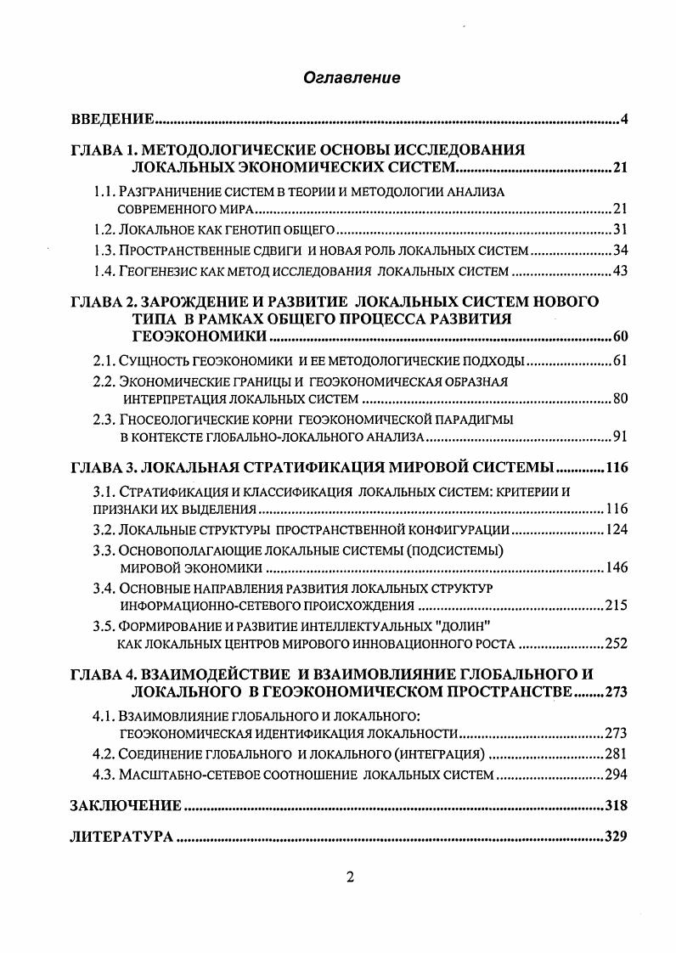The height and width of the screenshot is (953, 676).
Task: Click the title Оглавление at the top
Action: [351, 77]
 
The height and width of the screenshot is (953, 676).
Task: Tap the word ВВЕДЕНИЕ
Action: [110, 118]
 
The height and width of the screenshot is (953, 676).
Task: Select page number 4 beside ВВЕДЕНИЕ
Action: [623, 118]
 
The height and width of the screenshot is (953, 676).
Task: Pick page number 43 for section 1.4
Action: [619, 271]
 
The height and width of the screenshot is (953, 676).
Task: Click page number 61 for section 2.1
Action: [619, 361]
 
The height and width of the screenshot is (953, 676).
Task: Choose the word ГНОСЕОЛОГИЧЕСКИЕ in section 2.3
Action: [179, 420]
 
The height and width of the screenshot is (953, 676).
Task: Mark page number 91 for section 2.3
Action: [619, 437]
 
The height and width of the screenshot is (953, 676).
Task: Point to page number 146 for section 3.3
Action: [616, 567]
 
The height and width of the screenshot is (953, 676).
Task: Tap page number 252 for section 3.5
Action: [616, 643]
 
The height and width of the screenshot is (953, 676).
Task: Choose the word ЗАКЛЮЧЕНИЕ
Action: [125, 805]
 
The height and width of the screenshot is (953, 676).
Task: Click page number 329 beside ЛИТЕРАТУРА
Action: [615, 837]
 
